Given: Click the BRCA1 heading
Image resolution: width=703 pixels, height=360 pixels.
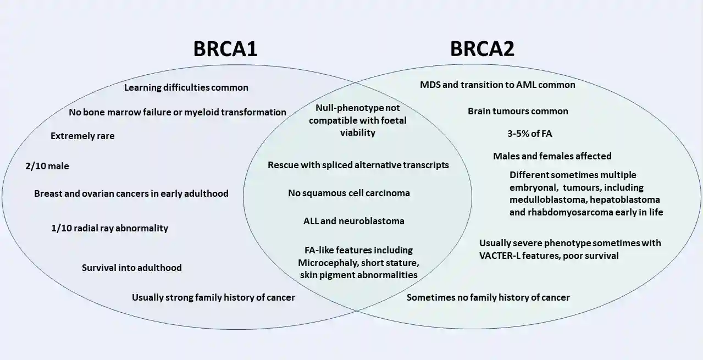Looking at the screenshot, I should [225, 48].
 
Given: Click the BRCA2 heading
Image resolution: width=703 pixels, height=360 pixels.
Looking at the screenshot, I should [482, 48].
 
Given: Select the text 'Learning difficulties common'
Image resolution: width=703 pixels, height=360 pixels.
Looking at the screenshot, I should [186, 87].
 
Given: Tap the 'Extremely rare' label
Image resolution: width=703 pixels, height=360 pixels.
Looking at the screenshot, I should [82, 135].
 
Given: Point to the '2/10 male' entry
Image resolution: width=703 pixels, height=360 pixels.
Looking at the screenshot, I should [47, 165].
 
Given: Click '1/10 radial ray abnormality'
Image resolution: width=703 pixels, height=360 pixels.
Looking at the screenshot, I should [109, 228].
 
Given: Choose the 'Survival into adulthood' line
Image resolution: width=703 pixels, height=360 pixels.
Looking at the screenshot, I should [132, 268].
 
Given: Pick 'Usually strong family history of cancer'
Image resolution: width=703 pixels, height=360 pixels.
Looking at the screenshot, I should [213, 297].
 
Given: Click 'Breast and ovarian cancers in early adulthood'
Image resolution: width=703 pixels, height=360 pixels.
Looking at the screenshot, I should [131, 193].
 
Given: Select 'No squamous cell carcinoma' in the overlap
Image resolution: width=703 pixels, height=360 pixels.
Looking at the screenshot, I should [349, 193].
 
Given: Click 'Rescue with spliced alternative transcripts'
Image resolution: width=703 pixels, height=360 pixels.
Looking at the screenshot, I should [358, 165].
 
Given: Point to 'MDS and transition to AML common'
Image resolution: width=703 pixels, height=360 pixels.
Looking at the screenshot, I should [497, 85].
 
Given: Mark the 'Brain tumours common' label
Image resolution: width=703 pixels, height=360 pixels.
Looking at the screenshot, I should [518, 111].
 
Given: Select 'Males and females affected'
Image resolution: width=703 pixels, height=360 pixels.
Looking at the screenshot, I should [552, 156].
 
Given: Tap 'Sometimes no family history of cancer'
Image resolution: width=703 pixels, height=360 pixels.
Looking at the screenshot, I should [488, 297].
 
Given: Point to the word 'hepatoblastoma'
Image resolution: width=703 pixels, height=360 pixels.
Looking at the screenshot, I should [629, 200].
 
